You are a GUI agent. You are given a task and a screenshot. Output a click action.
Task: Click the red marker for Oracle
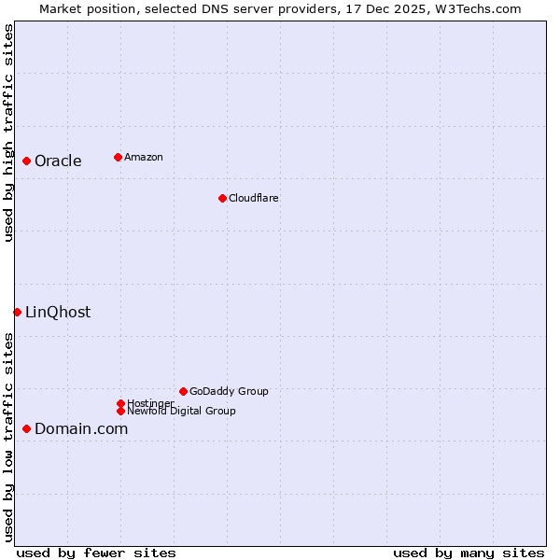26,161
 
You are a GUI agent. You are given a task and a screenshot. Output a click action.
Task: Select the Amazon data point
118,157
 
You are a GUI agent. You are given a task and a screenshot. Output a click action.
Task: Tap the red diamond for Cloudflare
222,198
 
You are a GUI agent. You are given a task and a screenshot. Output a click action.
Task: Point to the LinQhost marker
17,312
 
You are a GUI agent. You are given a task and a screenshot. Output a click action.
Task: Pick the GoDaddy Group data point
183,391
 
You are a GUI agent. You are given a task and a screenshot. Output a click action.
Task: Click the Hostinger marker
120,403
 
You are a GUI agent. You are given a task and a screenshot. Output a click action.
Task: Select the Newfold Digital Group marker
120,411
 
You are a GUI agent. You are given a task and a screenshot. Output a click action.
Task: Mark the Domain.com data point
26,428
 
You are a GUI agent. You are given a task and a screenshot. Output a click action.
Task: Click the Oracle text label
58,161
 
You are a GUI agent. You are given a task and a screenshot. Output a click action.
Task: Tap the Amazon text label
144,157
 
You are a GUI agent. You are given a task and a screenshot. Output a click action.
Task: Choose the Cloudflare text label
254,198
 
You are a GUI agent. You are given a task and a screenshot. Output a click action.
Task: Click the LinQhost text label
58,312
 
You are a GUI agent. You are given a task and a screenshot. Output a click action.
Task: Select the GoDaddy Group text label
229,391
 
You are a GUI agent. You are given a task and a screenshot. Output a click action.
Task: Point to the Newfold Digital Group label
181,411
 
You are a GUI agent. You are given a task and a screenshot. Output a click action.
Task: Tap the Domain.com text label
81,428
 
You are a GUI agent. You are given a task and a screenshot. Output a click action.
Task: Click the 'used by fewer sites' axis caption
96,553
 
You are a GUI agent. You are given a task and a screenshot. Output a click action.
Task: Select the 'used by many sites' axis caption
469,553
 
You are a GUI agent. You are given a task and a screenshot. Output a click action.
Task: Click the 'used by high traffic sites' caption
8,133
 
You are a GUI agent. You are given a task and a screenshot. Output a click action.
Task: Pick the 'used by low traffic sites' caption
8,437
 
